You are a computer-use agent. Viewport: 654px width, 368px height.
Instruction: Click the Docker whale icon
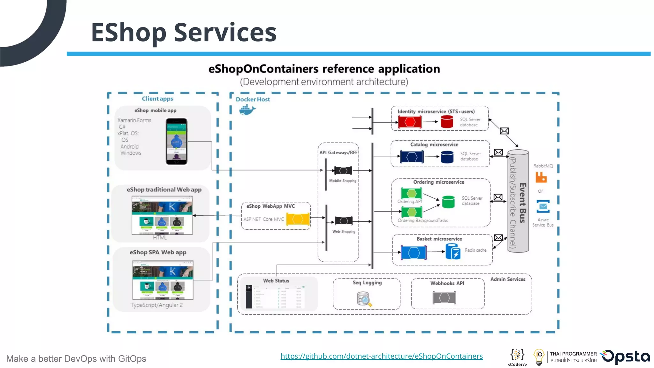coord(247,110)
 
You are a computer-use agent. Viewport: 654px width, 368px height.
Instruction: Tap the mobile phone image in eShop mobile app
coord(176,142)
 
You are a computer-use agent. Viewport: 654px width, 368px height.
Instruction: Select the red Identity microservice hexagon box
coord(410,122)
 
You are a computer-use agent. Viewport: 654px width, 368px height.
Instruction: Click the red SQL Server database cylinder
coord(447,122)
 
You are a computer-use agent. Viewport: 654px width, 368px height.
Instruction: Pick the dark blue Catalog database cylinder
coord(447,157)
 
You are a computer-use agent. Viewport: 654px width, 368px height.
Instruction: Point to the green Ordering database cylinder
coord(448,202)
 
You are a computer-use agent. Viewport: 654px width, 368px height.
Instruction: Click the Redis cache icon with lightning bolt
coord(453,251)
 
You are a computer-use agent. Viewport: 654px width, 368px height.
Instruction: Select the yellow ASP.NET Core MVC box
coord(298,219)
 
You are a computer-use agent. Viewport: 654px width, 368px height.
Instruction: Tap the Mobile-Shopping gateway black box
coord(343,171)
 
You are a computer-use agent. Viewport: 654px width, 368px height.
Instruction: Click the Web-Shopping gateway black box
coord(344,221)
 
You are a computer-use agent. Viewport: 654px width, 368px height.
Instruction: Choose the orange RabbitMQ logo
coord(541,177)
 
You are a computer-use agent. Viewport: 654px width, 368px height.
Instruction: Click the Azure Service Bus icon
coord(543,206)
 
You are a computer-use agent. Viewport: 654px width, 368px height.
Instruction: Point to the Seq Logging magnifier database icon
coord(364,299)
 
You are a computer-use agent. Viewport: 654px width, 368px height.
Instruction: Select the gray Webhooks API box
coord(444,298)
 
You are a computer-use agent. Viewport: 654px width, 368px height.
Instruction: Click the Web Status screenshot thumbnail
coord(277,297)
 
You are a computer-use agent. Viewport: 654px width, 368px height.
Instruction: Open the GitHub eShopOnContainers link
coord(382,356)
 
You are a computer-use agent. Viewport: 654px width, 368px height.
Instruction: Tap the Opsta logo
coord(626,357)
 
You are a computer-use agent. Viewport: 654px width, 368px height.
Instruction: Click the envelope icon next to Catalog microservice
coord(498,152)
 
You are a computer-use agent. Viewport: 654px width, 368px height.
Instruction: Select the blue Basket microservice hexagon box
coord(414,253)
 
